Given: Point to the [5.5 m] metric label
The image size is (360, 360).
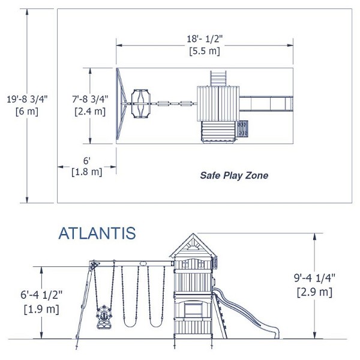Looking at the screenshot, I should coord(205,51).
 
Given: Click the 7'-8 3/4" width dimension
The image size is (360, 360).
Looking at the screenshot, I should coord(90,98).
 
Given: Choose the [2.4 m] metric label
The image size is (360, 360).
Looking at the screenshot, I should coord(90,111).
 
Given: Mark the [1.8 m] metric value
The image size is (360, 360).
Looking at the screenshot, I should coord(86,172).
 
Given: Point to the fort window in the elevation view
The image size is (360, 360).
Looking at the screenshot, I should coord(193,310).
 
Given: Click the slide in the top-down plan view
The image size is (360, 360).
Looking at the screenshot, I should coord(267,102).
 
